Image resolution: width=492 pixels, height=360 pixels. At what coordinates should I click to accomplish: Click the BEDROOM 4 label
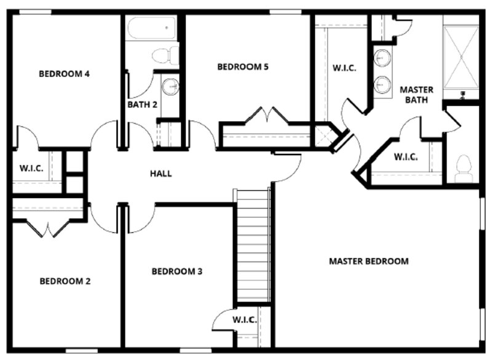[x=65, y=74]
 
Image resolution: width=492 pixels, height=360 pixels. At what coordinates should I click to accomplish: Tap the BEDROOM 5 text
[x=242, y=67]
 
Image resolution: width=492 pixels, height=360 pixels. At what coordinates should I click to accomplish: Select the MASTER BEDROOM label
[x=368, y=261]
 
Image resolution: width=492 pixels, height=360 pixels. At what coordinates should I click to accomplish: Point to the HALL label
[x=161, y=174]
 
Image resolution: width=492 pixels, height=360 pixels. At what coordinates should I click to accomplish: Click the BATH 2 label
[x=143, y=105]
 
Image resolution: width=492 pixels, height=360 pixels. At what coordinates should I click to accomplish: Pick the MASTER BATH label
[x=416, y=95]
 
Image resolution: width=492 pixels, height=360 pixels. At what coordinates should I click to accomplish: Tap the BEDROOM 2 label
[x=65, y=281]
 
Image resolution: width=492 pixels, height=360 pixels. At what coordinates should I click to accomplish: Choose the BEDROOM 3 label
[x=177, y=271]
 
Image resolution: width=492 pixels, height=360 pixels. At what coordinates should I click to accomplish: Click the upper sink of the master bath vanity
[x=382, y=58]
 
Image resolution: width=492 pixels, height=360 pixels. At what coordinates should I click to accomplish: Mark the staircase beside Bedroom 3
[x=252, y=246]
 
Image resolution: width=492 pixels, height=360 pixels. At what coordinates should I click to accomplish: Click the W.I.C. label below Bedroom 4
[x=31, y=168]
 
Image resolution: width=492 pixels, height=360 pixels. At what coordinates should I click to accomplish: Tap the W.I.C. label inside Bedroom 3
[x=245, y=320]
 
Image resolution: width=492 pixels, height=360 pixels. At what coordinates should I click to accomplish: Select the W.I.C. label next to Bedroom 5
[x=344, y=68]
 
